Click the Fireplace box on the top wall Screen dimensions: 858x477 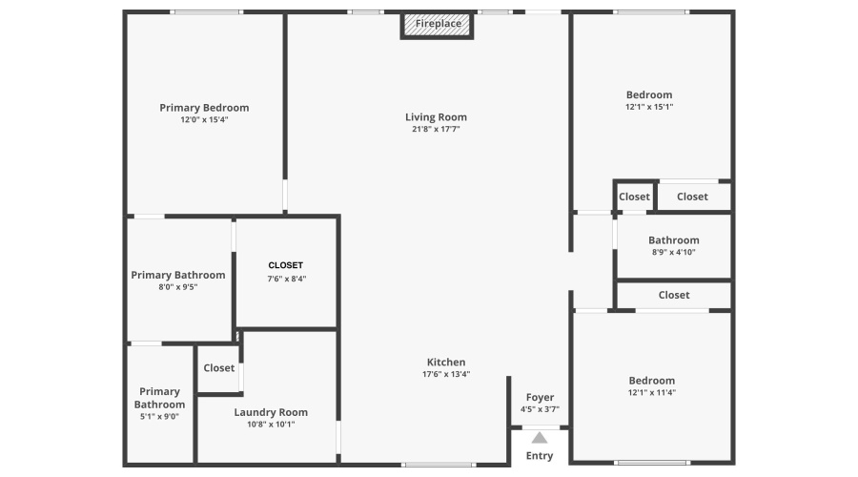[437, 25]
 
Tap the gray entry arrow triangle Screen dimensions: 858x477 [540, 438]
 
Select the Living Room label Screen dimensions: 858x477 [436, 117]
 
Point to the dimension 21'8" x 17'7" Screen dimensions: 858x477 [436, 129]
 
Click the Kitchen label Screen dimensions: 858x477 [446, 362]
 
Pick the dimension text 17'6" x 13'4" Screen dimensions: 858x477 [446, 375]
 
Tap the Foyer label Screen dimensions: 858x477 [541, 398]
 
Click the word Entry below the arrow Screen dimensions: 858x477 [540, 456]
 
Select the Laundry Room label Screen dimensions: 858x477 [271, 412]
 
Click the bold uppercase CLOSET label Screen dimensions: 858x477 [286, 265]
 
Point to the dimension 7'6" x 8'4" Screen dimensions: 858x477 [287, 279]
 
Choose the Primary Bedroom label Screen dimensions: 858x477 [204, 108]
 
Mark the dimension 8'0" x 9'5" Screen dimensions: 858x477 [178, 287]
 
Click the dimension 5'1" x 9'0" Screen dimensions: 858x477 [159, 416]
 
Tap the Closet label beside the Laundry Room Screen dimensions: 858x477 [219, 368]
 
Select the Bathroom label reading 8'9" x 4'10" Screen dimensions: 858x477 [674, 240]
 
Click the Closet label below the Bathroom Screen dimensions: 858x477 [674, 295]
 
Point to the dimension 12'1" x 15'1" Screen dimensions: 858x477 [649, 108]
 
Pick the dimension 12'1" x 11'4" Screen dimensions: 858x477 [652, 393]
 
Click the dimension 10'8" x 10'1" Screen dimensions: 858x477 [271, 425]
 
